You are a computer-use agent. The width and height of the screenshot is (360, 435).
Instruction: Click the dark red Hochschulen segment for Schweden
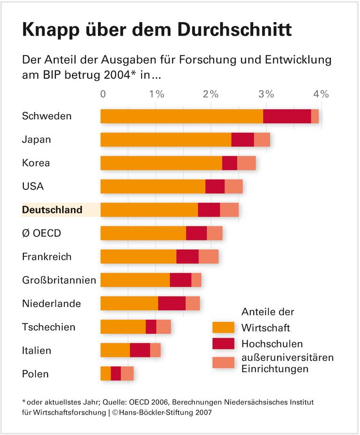(287, 116)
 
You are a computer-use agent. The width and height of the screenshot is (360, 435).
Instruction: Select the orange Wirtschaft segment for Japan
(166, 140)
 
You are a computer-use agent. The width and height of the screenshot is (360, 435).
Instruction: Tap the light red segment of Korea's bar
(247, 163)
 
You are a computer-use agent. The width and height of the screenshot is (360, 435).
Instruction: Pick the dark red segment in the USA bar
(215, 187)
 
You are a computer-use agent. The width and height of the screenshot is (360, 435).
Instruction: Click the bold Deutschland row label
(52, 210)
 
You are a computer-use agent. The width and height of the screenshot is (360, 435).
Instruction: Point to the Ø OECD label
(41, 233)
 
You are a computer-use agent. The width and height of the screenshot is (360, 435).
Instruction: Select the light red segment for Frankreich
(209, 257)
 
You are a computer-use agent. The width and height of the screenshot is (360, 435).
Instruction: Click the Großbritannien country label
(59, 280)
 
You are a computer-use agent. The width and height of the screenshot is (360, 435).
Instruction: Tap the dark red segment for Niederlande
(172, 303)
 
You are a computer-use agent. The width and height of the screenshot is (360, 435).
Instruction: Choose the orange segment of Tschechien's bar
(123, 327)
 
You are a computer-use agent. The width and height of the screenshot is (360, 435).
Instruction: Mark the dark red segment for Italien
(140, 350)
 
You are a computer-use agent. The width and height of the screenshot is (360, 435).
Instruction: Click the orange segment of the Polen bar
(105, 374)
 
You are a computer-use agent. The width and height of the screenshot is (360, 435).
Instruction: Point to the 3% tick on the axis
(266, 94)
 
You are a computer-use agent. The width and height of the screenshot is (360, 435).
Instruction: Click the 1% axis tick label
(157, 94)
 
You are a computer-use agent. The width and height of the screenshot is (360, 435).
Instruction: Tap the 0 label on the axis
(103, 94)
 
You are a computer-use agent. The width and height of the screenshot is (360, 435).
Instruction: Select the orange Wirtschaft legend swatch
(223, 327)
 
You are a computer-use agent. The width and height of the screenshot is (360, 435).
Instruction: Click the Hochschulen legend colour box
(223, 344)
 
